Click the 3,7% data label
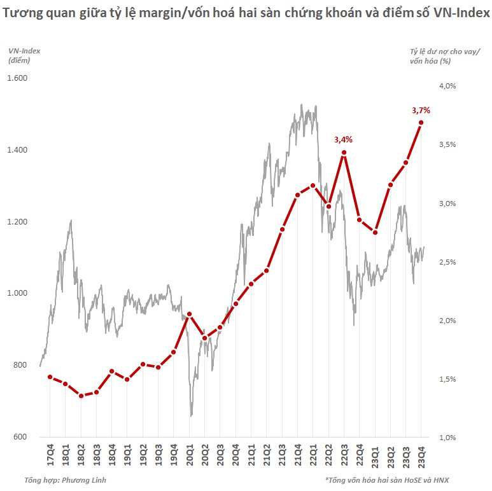pyautogui.click(x=421, y=110)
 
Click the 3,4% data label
pyautogui.click(x=344, y=139)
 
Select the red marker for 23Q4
pyautogui.click(x=421, y=123)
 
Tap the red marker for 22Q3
pyautogui.click(x=344, y=153)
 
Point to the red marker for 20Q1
pyautogui.click(x=189, y=314)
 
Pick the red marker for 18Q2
pyautogui.click(x=81, y=396)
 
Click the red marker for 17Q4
pyautogui.click(x=50, y=377)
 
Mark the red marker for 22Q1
pyautogui.click(x=313, y=186)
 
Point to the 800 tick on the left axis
pyautogui.click(x=22, y=365)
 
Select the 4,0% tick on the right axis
pyautogui.click(x=448, y=85)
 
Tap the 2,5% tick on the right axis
pyautogui.click(x=448, y=262)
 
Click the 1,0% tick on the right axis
pyautogui.click(x=448, y=438)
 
